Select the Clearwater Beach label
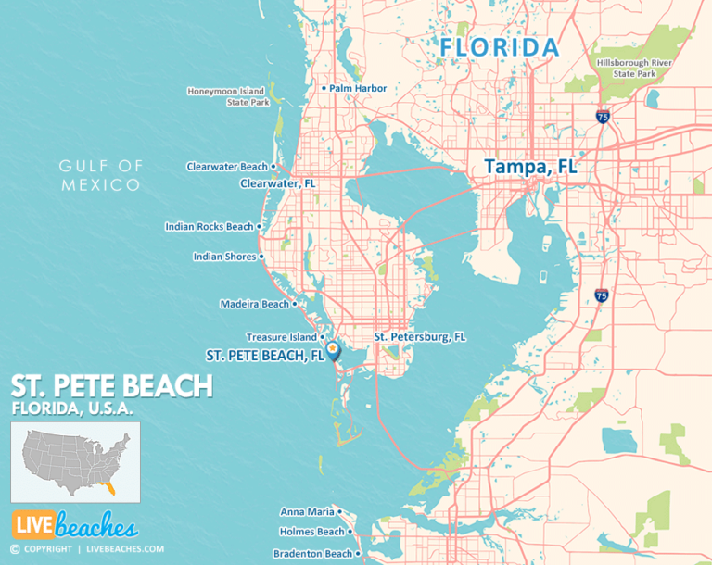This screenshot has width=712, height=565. [227, 167]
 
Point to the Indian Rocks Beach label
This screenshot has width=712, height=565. [209, 226]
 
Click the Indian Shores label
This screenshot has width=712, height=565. [224, 257]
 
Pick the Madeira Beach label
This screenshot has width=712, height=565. [255, 304]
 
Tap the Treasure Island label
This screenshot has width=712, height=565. [282, 337]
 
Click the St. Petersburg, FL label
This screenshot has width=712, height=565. [419, 336]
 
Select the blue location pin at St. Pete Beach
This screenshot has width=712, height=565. [333, 350]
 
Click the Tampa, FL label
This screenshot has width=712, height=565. [529, 167]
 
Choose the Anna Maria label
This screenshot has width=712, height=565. [307, 511]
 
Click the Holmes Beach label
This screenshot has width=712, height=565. [312, 532]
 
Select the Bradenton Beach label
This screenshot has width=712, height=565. [312, 554]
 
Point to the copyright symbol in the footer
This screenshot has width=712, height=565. [14, 549]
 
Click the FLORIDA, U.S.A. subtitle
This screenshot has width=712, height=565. [72, 408]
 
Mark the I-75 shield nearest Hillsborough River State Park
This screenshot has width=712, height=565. [603, 116]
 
